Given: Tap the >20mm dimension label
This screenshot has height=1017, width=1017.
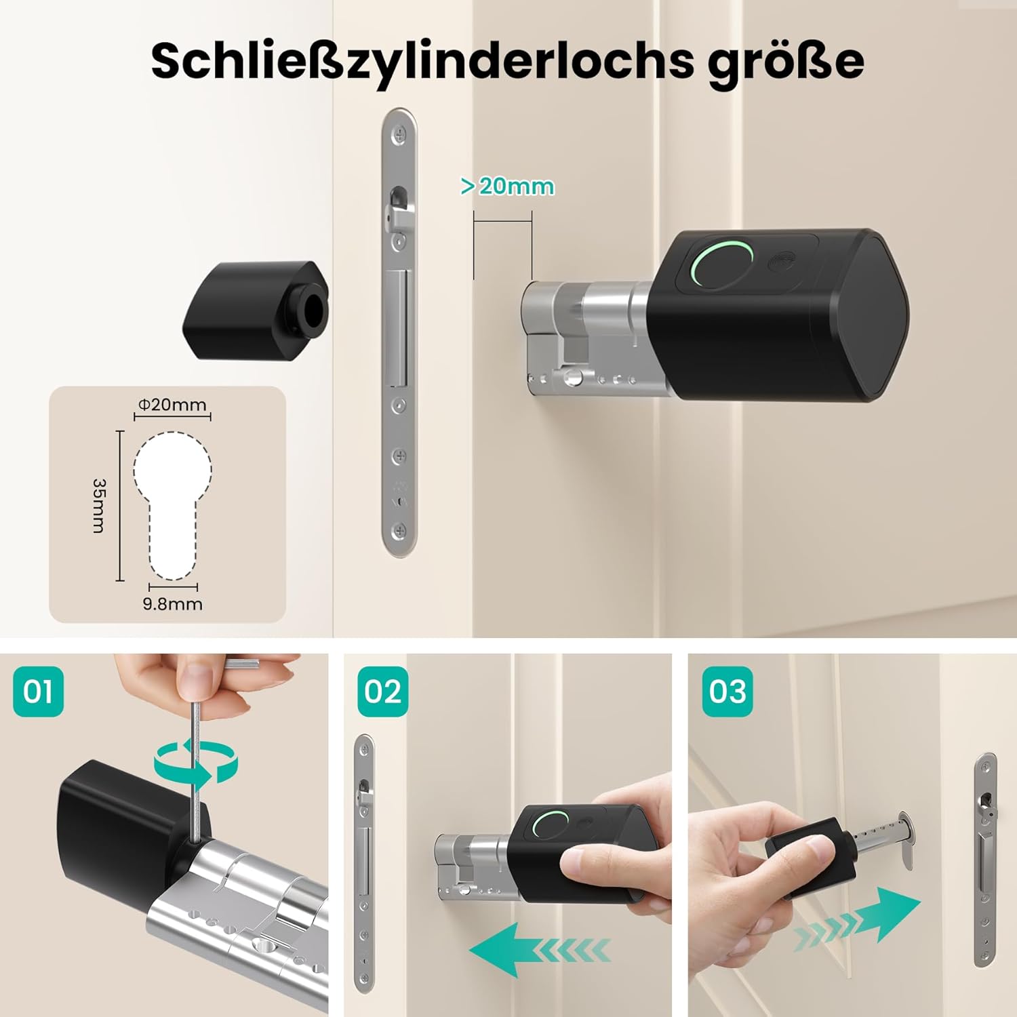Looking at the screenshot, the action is coord(507,186).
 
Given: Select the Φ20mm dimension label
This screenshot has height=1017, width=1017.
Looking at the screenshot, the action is coord(172,405).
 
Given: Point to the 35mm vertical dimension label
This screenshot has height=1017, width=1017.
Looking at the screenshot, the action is coord(99,506).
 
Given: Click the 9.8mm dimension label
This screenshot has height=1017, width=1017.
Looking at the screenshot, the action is coord(173,603).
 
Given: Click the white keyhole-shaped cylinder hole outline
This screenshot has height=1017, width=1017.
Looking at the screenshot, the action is coord(172,505).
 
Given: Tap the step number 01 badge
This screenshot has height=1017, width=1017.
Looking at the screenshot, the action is coord(38,692).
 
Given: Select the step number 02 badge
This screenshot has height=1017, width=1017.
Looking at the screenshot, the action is coord(383,692).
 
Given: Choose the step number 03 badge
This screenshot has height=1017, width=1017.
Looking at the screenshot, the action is coord(727,692).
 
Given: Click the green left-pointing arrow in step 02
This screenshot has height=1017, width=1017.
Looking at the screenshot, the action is coord(539,949).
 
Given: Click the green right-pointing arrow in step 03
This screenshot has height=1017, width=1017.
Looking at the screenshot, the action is coord(858,916).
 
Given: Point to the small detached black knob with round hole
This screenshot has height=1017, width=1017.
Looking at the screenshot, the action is coord(256,309).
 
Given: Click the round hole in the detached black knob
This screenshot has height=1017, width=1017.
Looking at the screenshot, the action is coord(315,310).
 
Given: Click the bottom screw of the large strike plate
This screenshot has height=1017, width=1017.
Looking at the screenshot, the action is coord(400,531).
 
